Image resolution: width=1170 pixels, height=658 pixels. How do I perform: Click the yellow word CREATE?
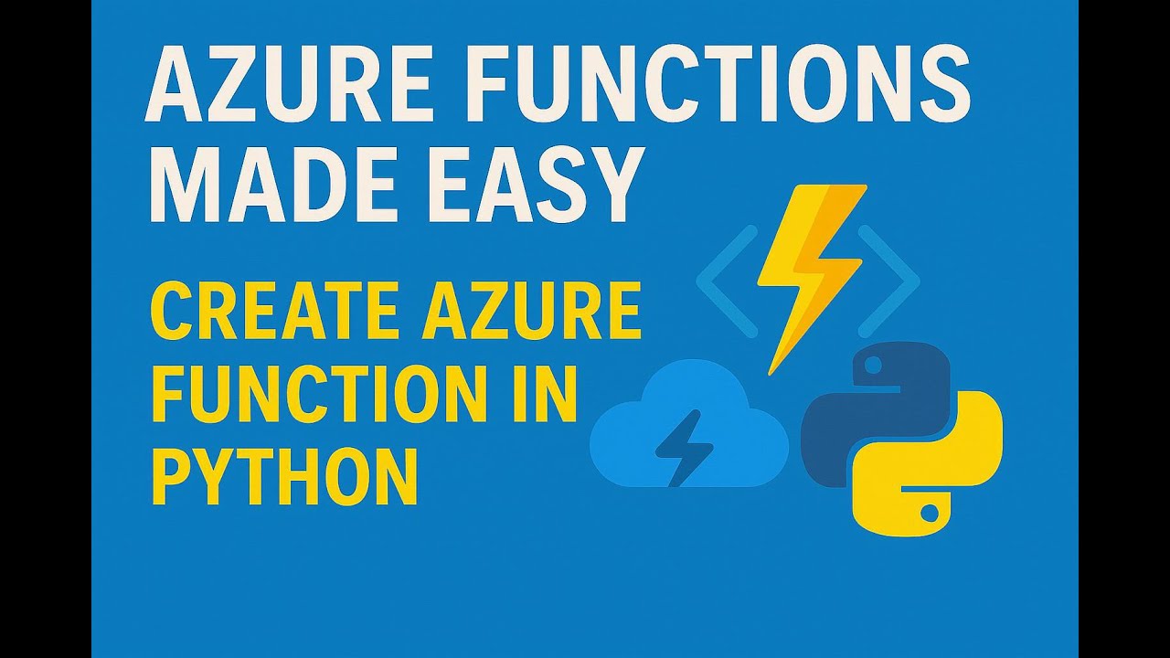click(269, 312)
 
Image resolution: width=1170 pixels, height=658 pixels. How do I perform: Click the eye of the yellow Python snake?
click(932, 506)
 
